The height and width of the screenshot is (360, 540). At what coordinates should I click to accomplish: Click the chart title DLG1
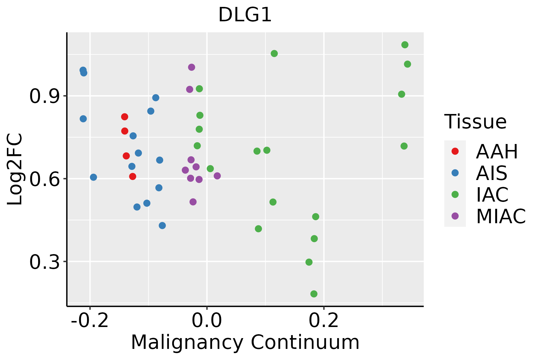click(x=245, y=15)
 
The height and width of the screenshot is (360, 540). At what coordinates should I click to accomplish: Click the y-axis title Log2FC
click(x=15, y=169)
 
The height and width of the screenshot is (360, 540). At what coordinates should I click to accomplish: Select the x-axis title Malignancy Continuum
click(x=245, y=342)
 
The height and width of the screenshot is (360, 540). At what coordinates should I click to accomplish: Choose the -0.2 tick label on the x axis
click(x=89, y=321)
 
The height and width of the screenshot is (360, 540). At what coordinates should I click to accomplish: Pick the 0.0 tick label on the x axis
click(x=207, y=321)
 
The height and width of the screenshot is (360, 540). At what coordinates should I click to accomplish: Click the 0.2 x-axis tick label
click(x=324, y=321)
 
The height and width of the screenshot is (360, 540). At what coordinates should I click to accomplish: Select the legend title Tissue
click(x=475, y=122)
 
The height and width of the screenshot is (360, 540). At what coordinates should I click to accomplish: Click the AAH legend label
click(x=497, y=151)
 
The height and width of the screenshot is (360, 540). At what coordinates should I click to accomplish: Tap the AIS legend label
click(x=491, y=173)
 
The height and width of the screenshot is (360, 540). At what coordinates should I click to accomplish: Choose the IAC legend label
click(x=492, y=195)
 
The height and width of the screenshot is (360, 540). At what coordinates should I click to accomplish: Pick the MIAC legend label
click(x=501, y=216)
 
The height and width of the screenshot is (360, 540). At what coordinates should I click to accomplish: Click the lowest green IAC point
click(x=314, y=294)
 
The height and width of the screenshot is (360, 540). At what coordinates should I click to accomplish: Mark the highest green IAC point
click(x=405, y=45)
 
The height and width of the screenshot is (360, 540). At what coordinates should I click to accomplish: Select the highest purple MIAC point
click(x=191, y=67)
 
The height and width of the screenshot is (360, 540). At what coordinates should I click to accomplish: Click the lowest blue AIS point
click(x=162, y=226)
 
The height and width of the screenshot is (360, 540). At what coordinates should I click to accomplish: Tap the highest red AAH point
click(x=125, y=117)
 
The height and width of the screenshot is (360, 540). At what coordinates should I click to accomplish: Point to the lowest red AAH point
click(x=133, y=176)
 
